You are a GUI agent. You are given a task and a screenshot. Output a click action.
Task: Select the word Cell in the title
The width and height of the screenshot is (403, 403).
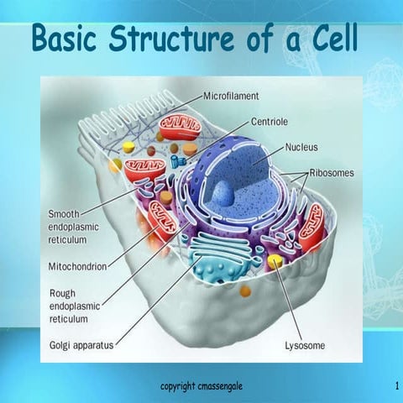click(x=329, y=39)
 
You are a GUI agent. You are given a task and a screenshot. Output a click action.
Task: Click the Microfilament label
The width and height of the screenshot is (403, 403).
click(x=238, y=97)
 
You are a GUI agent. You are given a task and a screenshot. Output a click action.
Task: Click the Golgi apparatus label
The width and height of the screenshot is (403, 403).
click(x=81, y=345)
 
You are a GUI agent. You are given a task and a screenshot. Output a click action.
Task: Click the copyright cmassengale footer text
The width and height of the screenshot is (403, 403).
click(x=202, y=385)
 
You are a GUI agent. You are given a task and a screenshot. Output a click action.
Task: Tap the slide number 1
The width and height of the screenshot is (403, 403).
click(x=395, y=385)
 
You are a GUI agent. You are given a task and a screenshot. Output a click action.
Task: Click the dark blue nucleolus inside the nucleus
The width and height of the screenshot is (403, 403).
click(x=222, y=194)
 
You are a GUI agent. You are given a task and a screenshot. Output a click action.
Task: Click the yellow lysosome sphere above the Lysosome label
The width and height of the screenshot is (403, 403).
click(x=275, y=263)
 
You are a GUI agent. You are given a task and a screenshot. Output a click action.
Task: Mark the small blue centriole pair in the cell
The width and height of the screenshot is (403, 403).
click(x=175, y=160)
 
